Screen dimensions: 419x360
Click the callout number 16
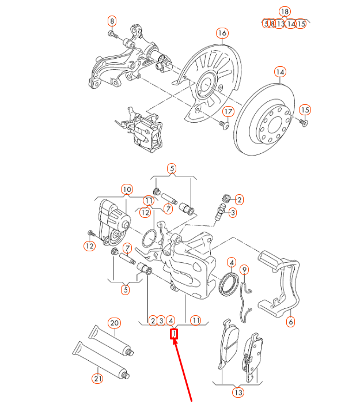click(222, 33)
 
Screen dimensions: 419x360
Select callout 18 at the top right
click(284, 12)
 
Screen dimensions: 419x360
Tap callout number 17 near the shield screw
click(228, 111)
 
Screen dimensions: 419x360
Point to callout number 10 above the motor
click(126, 189)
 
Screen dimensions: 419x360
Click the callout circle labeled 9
click(244, 269)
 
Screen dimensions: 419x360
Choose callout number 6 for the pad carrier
click(290, 322)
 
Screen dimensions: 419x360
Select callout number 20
click(114, 323)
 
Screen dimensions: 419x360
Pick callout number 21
click(97, 378)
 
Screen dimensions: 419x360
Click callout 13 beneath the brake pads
click(238, 392)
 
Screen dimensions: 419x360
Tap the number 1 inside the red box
click(174, 334)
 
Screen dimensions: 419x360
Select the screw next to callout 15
click(304, 123)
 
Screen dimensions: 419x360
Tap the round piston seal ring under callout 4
click(230, 285)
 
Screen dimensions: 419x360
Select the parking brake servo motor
click(112, 219)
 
